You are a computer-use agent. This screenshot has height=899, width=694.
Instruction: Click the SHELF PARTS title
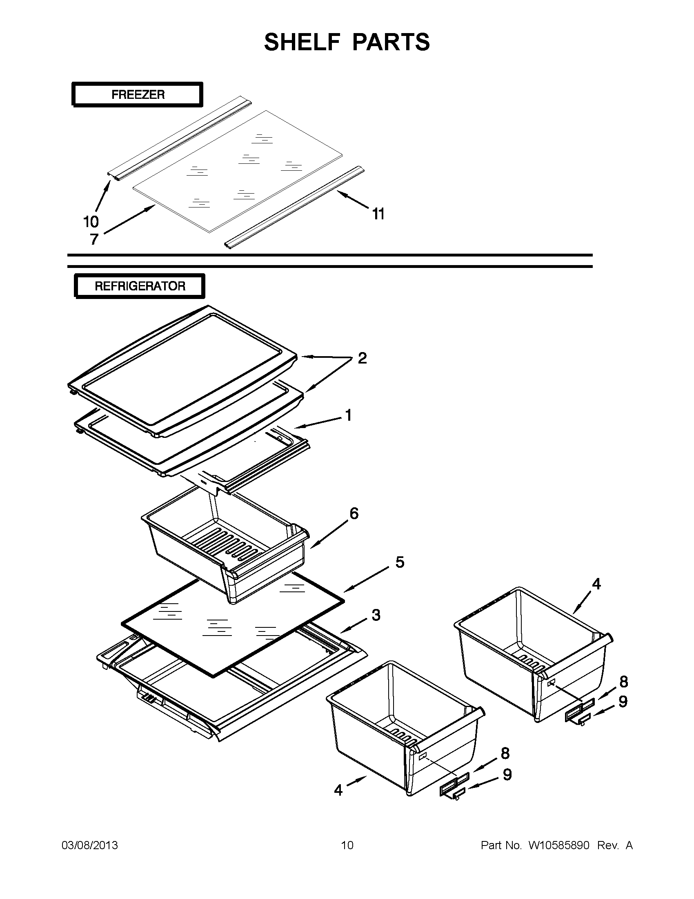coord(347,42)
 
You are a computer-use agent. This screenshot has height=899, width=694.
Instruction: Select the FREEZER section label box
coord(138,95)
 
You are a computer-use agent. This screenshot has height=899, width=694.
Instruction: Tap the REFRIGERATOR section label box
coord(140,286)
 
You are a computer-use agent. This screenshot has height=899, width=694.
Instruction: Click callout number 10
coord(91,222)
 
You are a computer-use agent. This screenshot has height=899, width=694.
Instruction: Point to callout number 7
coord(94,239)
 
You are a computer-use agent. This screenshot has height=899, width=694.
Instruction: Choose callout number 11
coord(378,214)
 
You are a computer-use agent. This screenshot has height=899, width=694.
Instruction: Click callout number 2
coord(362,358)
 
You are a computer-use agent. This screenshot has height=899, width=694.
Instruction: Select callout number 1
coord(349,415)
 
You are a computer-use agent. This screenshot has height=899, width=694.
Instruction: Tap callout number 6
coord(354,513)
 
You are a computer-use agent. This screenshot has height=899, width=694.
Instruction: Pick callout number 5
coord(400,562)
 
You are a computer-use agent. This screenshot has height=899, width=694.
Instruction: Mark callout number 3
coord(376,615)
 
